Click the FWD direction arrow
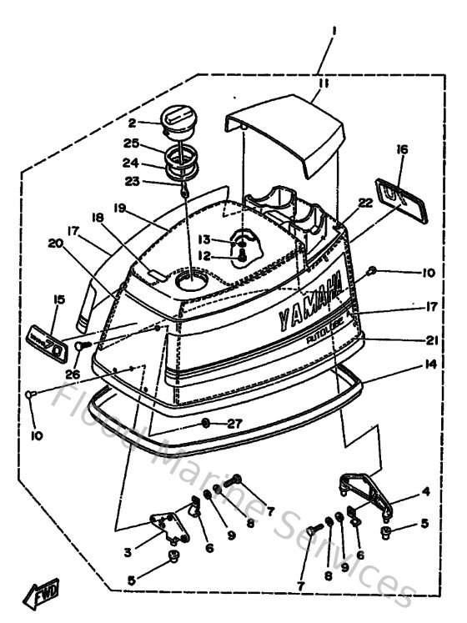coord(40,595)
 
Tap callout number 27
coord(234,424)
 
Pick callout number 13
coord(205,239)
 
